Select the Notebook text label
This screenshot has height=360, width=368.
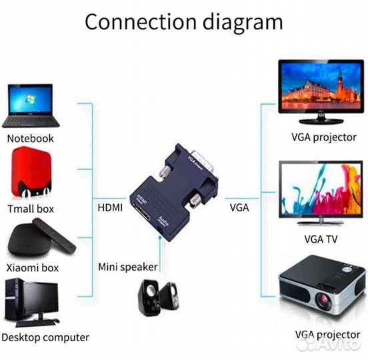(30, 139)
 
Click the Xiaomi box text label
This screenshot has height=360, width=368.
(33, 268)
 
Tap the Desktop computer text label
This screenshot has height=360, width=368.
(47, 337)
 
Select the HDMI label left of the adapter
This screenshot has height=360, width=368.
(110, 207)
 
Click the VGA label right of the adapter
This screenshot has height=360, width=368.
(239, 207)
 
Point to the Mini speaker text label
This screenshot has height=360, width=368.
(128, 267)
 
